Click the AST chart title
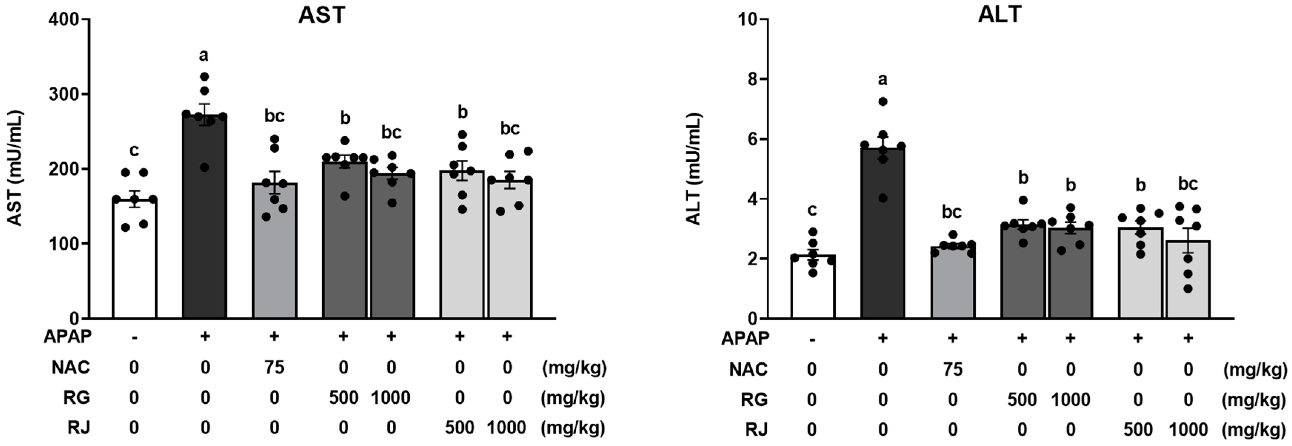click(x=322, y=16)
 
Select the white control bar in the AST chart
click(x=134, y=261)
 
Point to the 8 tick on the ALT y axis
click(x=750, y=79)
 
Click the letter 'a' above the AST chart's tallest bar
click(x=204, y=55)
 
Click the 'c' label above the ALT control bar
click(x=812, y=210)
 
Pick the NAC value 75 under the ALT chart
click(x=952, y=370)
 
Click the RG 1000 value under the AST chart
click(x=391, y=398)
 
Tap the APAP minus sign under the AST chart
click(x=134, y=337)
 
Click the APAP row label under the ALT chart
click(x=745, y=339)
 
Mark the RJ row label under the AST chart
click(x=79, y=428)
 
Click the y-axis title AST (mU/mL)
click(x=16, y=169)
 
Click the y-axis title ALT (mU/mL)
click(x=694, y=170)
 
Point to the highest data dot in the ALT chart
click(x=883, y=102)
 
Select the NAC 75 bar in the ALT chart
click(x=952, y=283)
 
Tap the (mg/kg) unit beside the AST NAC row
click(x=574, y=368)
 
